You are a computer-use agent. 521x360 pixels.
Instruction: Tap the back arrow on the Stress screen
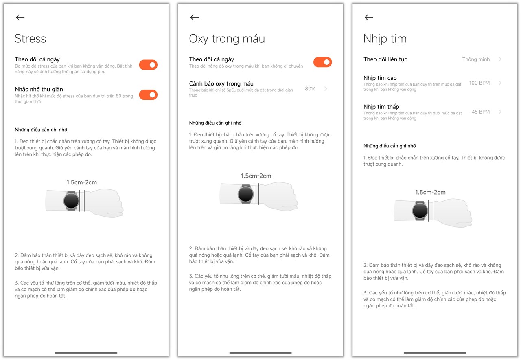[20, 17]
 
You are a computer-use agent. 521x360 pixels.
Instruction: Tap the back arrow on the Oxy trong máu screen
[194, 17]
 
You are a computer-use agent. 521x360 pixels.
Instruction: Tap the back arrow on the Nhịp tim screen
[369, 17]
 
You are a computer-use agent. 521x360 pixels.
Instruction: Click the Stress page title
[31, 39]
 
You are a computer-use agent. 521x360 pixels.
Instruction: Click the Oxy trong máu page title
[227, 39]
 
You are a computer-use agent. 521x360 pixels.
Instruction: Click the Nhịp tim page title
[385, 39]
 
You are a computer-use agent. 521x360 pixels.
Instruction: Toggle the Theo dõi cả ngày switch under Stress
[148, 65]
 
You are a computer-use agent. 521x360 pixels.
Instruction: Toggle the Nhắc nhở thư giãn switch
[148, 95]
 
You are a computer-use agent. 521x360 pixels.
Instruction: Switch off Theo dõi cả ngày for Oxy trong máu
[322, 62]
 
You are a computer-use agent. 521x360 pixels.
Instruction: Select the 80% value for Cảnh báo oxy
[310, 88]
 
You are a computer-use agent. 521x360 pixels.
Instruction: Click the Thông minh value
[476, 59]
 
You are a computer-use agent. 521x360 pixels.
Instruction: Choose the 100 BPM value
[479, 83]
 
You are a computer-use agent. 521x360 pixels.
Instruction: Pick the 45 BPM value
[480, 112]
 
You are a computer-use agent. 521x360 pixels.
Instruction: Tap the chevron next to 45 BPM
[500, 112]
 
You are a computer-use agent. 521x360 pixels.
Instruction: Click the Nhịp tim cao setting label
[380, 78]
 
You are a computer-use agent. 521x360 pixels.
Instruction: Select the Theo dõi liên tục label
[385, 59]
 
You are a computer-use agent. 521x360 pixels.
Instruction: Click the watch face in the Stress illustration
[71, 201]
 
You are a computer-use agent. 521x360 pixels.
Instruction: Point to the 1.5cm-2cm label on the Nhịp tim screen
[430, 192]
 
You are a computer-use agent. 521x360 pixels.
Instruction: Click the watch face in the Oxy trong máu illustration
[245, 194]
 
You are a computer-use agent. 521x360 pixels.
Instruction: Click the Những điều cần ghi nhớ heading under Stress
[41, 130]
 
